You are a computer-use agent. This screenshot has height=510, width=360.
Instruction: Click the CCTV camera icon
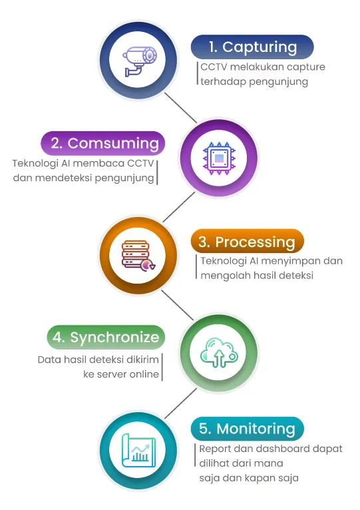tap(139, 61)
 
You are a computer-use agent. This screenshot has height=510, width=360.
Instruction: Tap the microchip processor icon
tap(219, 158)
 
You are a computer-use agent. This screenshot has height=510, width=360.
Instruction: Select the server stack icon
tap(138, 256)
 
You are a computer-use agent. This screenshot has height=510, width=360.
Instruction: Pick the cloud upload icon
tap(219, 353)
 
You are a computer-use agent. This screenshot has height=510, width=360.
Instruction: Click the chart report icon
tap(138, 451)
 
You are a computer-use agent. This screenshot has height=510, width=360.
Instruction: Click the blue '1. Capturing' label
tap(252, 47)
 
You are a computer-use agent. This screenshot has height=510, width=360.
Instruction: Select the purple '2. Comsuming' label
tap(103, 143)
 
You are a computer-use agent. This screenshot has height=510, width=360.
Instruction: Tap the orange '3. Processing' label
tap(247, 242)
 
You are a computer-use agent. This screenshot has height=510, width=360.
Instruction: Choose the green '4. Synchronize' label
tap(106, 338)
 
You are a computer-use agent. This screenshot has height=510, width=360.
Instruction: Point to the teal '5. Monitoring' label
tap(247, 429)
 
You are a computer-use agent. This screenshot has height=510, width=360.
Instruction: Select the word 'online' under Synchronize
tap(144, 374)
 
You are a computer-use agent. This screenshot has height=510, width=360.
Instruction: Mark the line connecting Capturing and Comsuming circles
tap(180, 108)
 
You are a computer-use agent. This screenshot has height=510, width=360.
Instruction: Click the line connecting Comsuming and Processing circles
tap(179, 207)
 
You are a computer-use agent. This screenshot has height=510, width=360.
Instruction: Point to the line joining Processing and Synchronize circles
tap(178, 305)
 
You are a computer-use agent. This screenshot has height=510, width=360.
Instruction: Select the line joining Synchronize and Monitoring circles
tap(180, 403)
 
